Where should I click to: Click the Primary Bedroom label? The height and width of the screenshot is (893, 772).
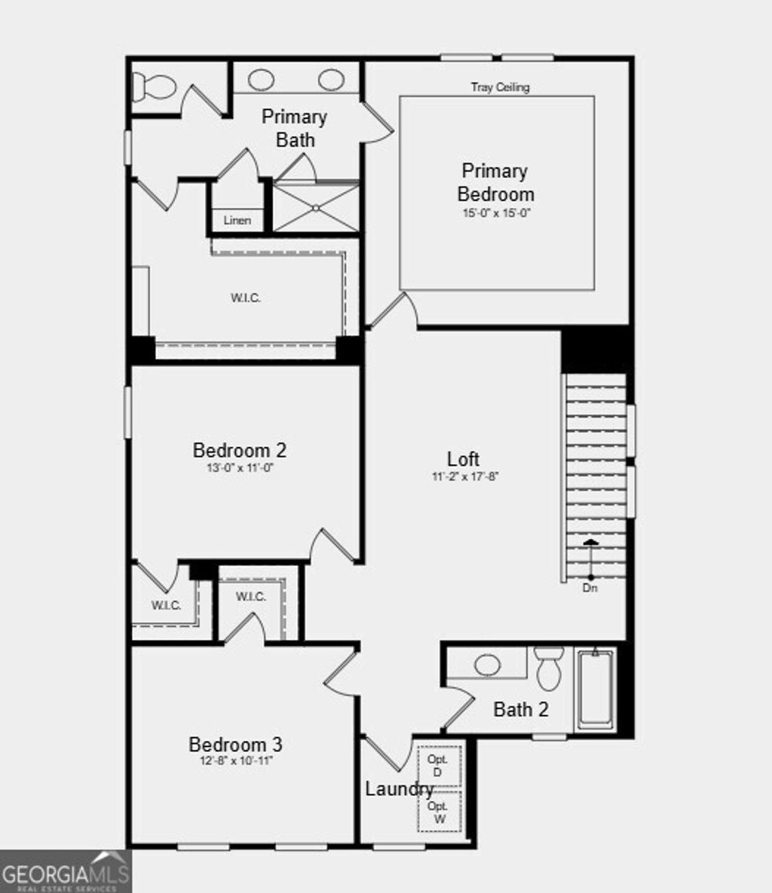point(495,182)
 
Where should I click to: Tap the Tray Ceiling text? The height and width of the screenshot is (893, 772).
point(501,87)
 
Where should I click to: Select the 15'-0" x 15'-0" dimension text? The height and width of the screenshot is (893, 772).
point(497,213)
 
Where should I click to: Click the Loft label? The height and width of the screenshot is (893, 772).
point(463,459)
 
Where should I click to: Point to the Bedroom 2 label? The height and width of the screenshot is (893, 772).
point(240,451)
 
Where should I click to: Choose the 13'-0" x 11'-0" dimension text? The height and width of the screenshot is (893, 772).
point(240,468)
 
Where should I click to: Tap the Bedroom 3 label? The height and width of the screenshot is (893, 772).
point(235,745)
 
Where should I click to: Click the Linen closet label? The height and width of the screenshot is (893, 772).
point(237,221)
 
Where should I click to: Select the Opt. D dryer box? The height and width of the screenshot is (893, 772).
point(439,766)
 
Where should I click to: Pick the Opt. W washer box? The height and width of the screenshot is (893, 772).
point(439,812)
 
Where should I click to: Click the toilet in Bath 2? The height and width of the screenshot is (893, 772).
point(549,667)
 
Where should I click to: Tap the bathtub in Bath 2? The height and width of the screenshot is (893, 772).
point(596,690)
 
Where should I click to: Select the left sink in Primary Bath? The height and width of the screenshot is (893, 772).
point(261,79)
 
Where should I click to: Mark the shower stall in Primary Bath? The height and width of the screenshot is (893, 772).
point(315,207)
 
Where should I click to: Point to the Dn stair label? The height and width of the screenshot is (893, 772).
point(590,588)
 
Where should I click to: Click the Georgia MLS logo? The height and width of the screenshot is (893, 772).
point(66,873)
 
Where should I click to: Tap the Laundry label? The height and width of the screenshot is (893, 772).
point(399,789)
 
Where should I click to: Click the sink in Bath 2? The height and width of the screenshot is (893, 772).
point(487,665)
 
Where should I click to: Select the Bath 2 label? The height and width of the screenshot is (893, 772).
point(521,709)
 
